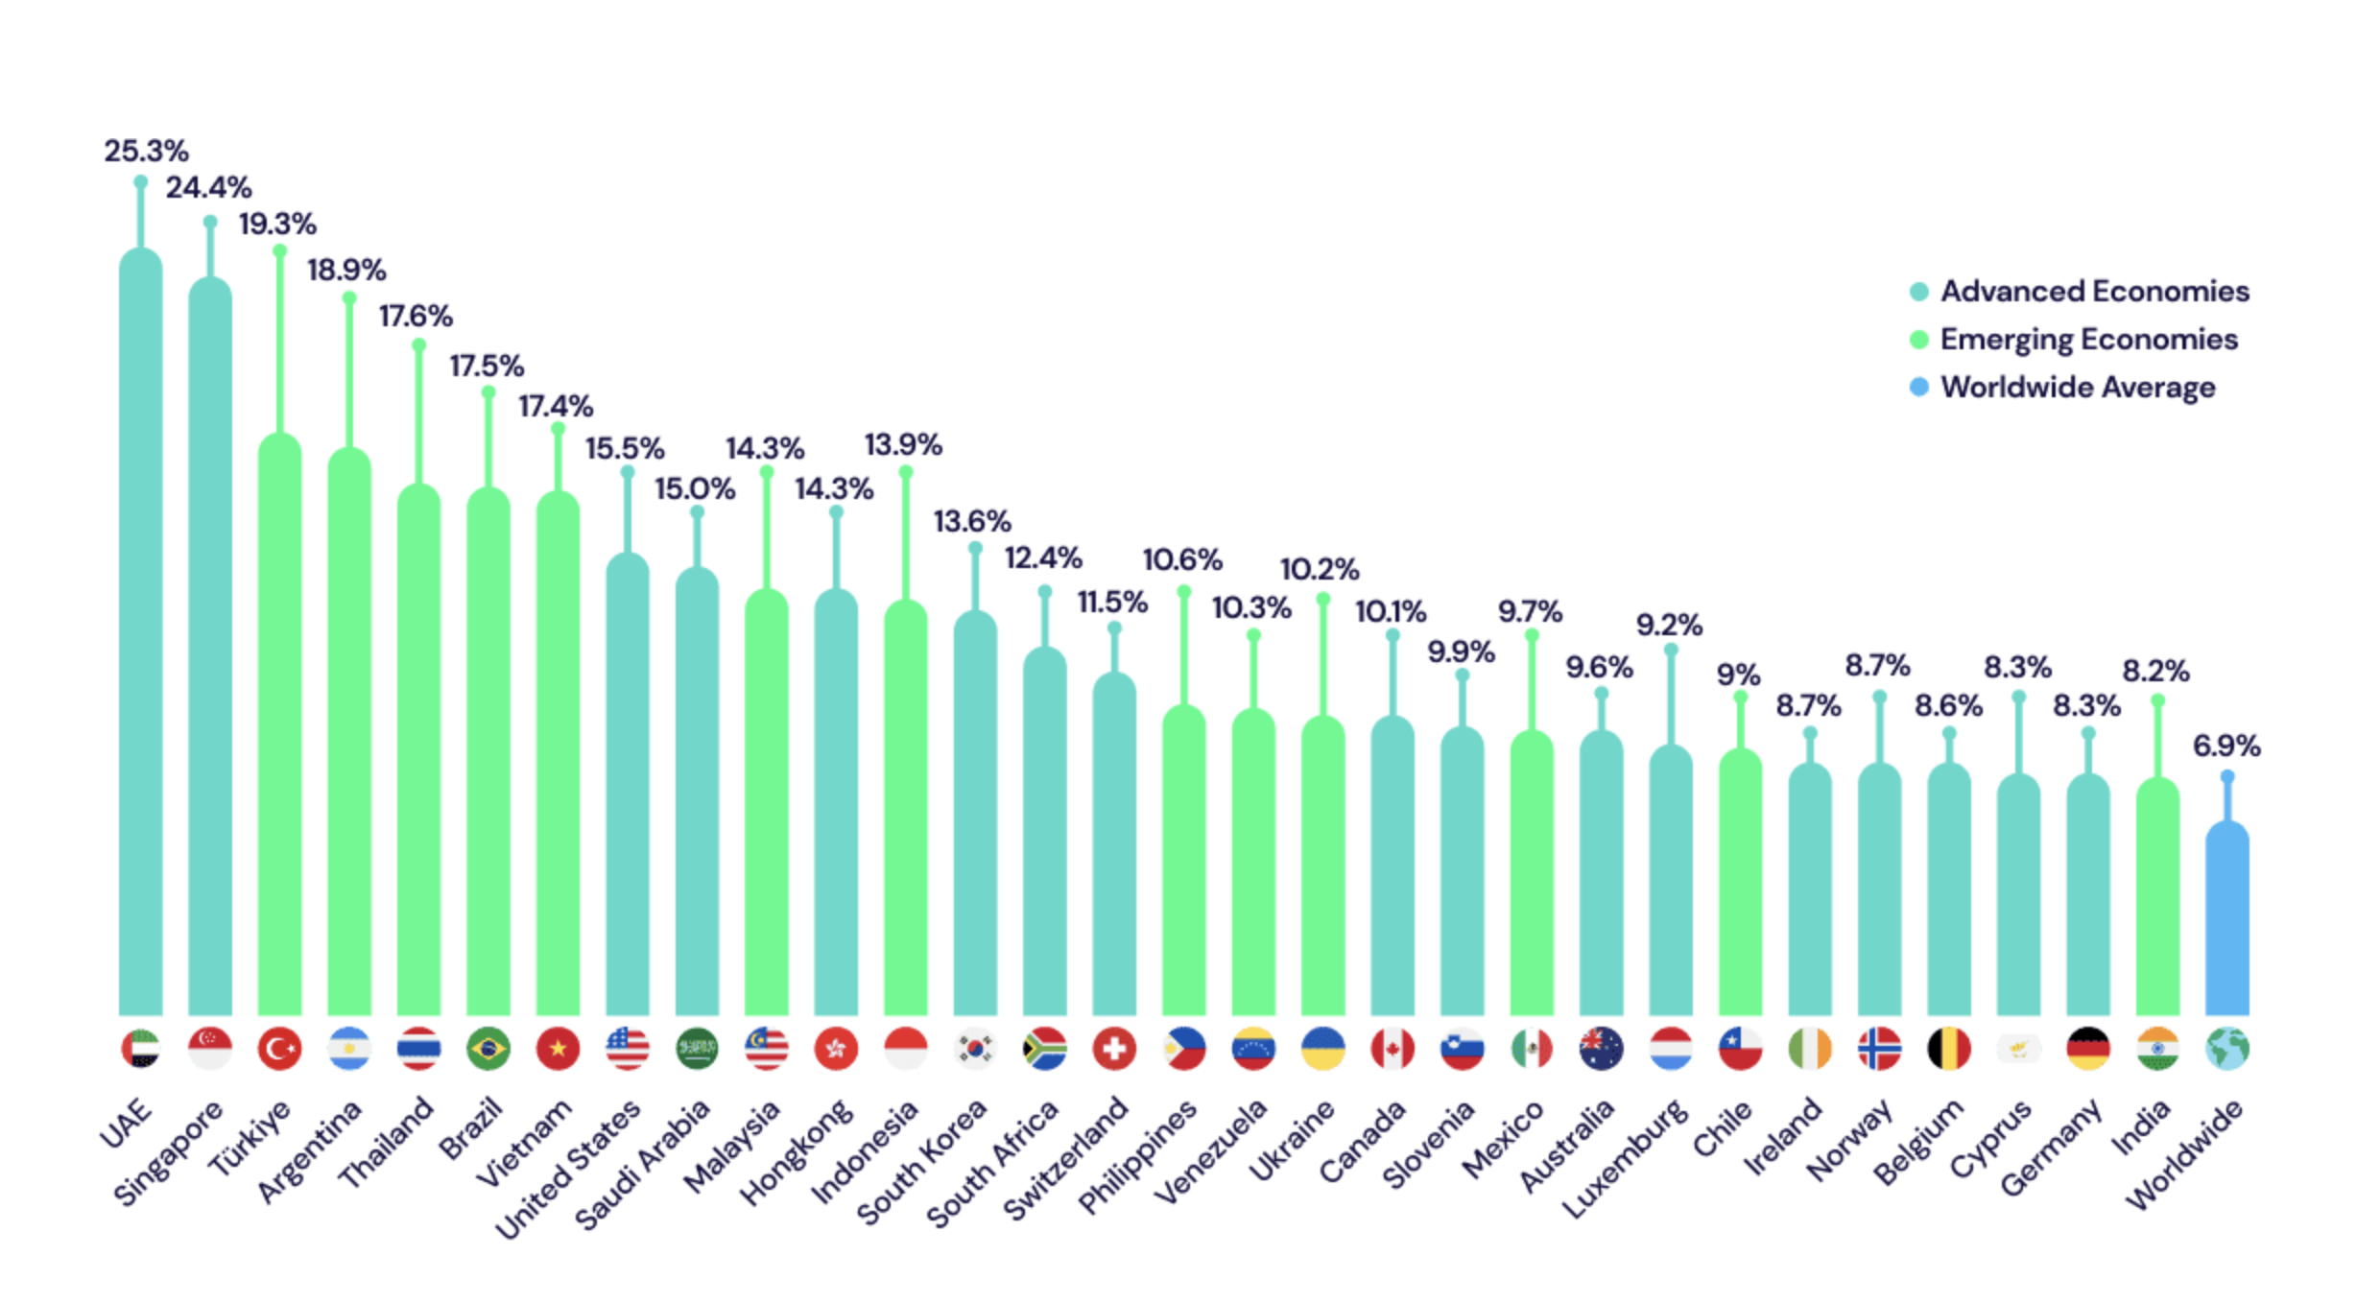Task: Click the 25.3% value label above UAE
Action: pos(146,151)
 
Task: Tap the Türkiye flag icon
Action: pos(279,1048)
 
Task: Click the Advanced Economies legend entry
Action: pos(2094,291)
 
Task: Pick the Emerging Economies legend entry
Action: pos(2088,339)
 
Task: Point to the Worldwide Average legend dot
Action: pos(1919,387)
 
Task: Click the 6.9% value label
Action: pos(2226,746)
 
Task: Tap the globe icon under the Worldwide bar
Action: pos(2226,1048)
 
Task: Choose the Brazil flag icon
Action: pos(488,1048)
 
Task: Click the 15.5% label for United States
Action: pos(625,448)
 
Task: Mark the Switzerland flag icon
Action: pos(1113,1048)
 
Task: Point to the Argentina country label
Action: pos(310,1151)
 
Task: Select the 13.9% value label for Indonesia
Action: pos(903,444)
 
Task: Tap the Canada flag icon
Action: pos(1392,1048)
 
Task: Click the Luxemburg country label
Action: pos(1625,1158)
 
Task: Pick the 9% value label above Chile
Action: pos(1738,675)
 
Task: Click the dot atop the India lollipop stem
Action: pos(2157,700)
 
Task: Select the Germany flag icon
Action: pos(2087,1048)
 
